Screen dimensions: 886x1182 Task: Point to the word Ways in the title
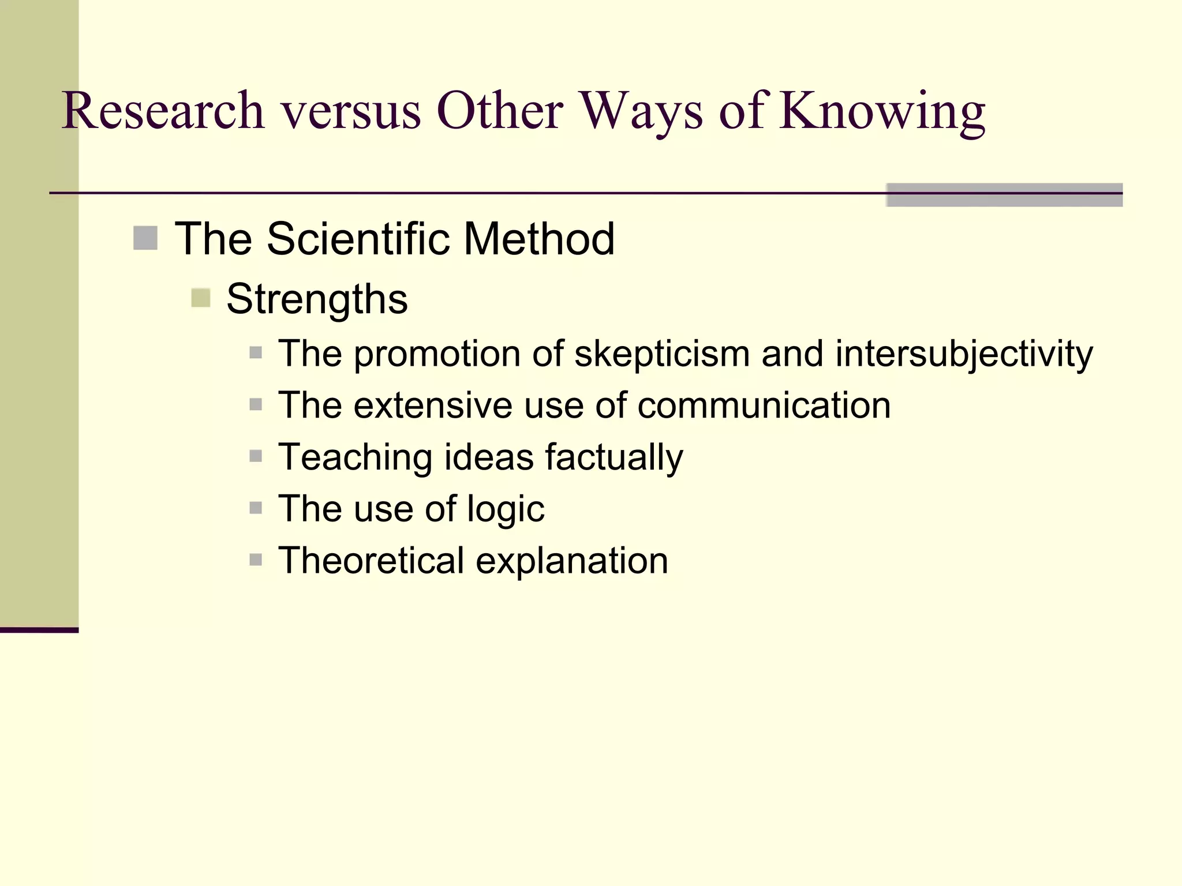641,111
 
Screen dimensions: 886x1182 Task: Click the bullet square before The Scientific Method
145,238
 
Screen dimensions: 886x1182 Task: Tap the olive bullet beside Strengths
200,298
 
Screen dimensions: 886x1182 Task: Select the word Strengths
317,299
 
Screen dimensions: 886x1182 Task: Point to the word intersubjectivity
964,354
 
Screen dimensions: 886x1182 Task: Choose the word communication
764,405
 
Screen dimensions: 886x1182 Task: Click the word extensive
433,405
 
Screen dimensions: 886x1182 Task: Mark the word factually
614,457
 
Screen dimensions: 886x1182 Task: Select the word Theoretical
371,560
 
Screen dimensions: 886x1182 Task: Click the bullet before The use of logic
256,508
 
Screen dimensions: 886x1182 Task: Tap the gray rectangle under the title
1004,195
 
